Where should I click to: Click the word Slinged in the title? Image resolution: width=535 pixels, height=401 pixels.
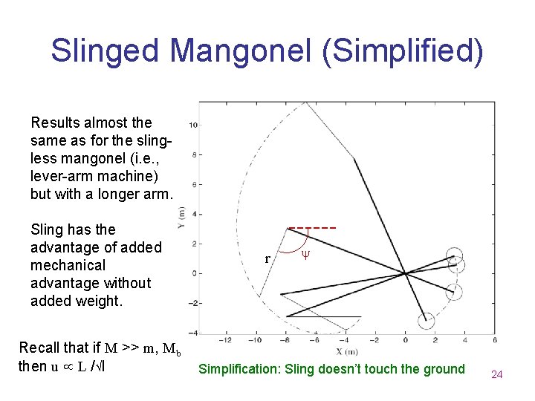click(106, 50)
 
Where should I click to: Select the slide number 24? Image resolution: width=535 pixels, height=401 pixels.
click(497, 374)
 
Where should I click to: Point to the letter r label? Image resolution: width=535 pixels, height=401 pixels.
click(267, 259)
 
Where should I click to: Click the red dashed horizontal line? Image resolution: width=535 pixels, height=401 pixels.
click(312, 227)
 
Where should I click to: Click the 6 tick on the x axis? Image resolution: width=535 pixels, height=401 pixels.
click(495, 341)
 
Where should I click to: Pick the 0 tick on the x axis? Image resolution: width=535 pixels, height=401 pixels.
click(405, 341)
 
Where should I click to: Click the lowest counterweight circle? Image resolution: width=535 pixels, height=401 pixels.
click(425, 321)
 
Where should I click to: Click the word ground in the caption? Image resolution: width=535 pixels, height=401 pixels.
click(445, 369)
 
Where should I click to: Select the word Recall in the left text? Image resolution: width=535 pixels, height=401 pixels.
click(40, 348)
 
